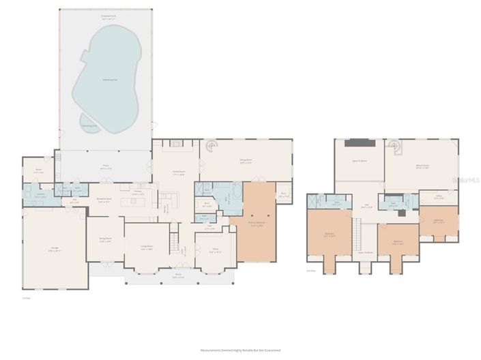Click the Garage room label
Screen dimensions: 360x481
click(x=54, y=250)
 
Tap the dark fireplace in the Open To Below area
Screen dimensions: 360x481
click(x=358, y=142)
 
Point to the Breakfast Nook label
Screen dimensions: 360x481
click(x=104, y=201)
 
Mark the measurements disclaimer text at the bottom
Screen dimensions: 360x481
click(x=240, y=350)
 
